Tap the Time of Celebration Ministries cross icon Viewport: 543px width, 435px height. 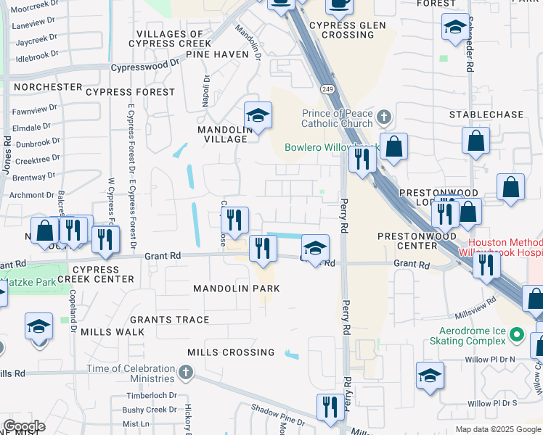(186, 373)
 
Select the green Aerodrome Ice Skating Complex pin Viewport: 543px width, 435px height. (516, 335)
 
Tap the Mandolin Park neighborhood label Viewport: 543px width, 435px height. (236, 289)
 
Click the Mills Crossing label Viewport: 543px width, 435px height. (231, 352)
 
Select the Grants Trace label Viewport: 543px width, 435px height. (171, 320)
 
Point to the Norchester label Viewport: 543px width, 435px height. (48, 87)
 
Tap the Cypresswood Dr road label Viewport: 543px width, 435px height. (145, 67)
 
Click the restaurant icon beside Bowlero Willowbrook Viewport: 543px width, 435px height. (362, 157)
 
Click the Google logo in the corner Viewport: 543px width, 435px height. (24, 426)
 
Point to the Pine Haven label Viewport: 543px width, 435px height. (217, 54)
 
